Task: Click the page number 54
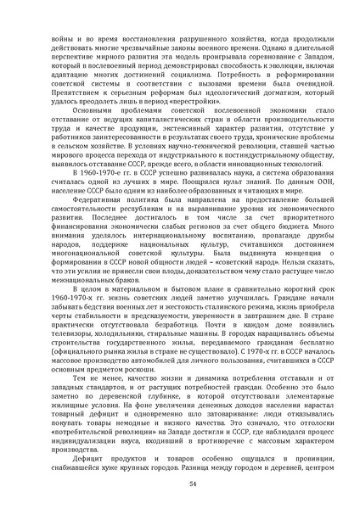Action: pos(180,484)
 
